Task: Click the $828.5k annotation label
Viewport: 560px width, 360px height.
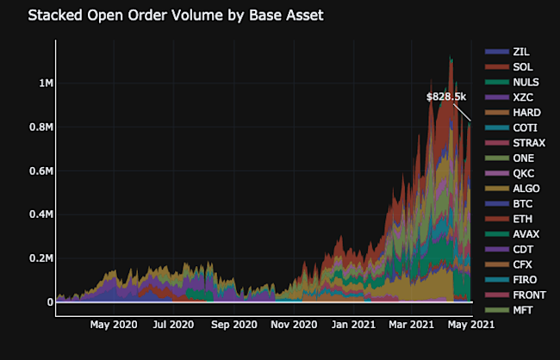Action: pos(446,96)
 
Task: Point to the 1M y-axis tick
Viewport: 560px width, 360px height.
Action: pos(40,84)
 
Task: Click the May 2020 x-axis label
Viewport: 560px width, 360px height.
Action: pos(114,325)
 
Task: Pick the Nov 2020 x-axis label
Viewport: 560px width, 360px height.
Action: pos(294,325)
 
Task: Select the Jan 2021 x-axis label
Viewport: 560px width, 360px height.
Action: pos(353,325)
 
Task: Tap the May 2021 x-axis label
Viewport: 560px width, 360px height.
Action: pos(470,325)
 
